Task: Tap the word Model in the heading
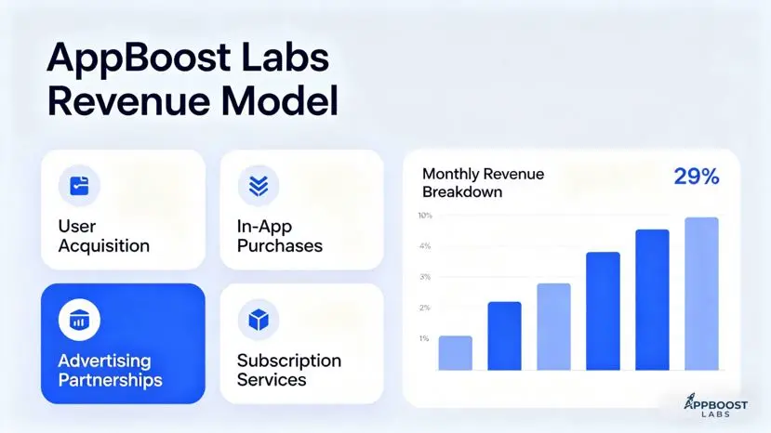[279, 100]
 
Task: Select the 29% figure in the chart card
[697, 177]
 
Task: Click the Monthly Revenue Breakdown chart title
[483, 183]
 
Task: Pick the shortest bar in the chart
[456, 353]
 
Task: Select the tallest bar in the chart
[701, 294]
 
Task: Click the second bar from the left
[504, 336]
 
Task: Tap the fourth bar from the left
[603, 311]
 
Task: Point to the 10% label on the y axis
[425, 216]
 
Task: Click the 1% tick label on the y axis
[424, 338]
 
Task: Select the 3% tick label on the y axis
[425, 277]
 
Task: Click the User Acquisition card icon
[79, 186]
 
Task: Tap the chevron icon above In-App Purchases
[259, 186]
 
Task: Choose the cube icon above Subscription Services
[259, 320]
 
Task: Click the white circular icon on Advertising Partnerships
[79, 320]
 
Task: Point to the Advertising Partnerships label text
[110, 371]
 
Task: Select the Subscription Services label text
[289, 370]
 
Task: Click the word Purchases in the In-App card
[280, 245]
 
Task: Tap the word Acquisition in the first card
[104, 245]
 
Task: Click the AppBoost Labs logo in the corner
[715, 405]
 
